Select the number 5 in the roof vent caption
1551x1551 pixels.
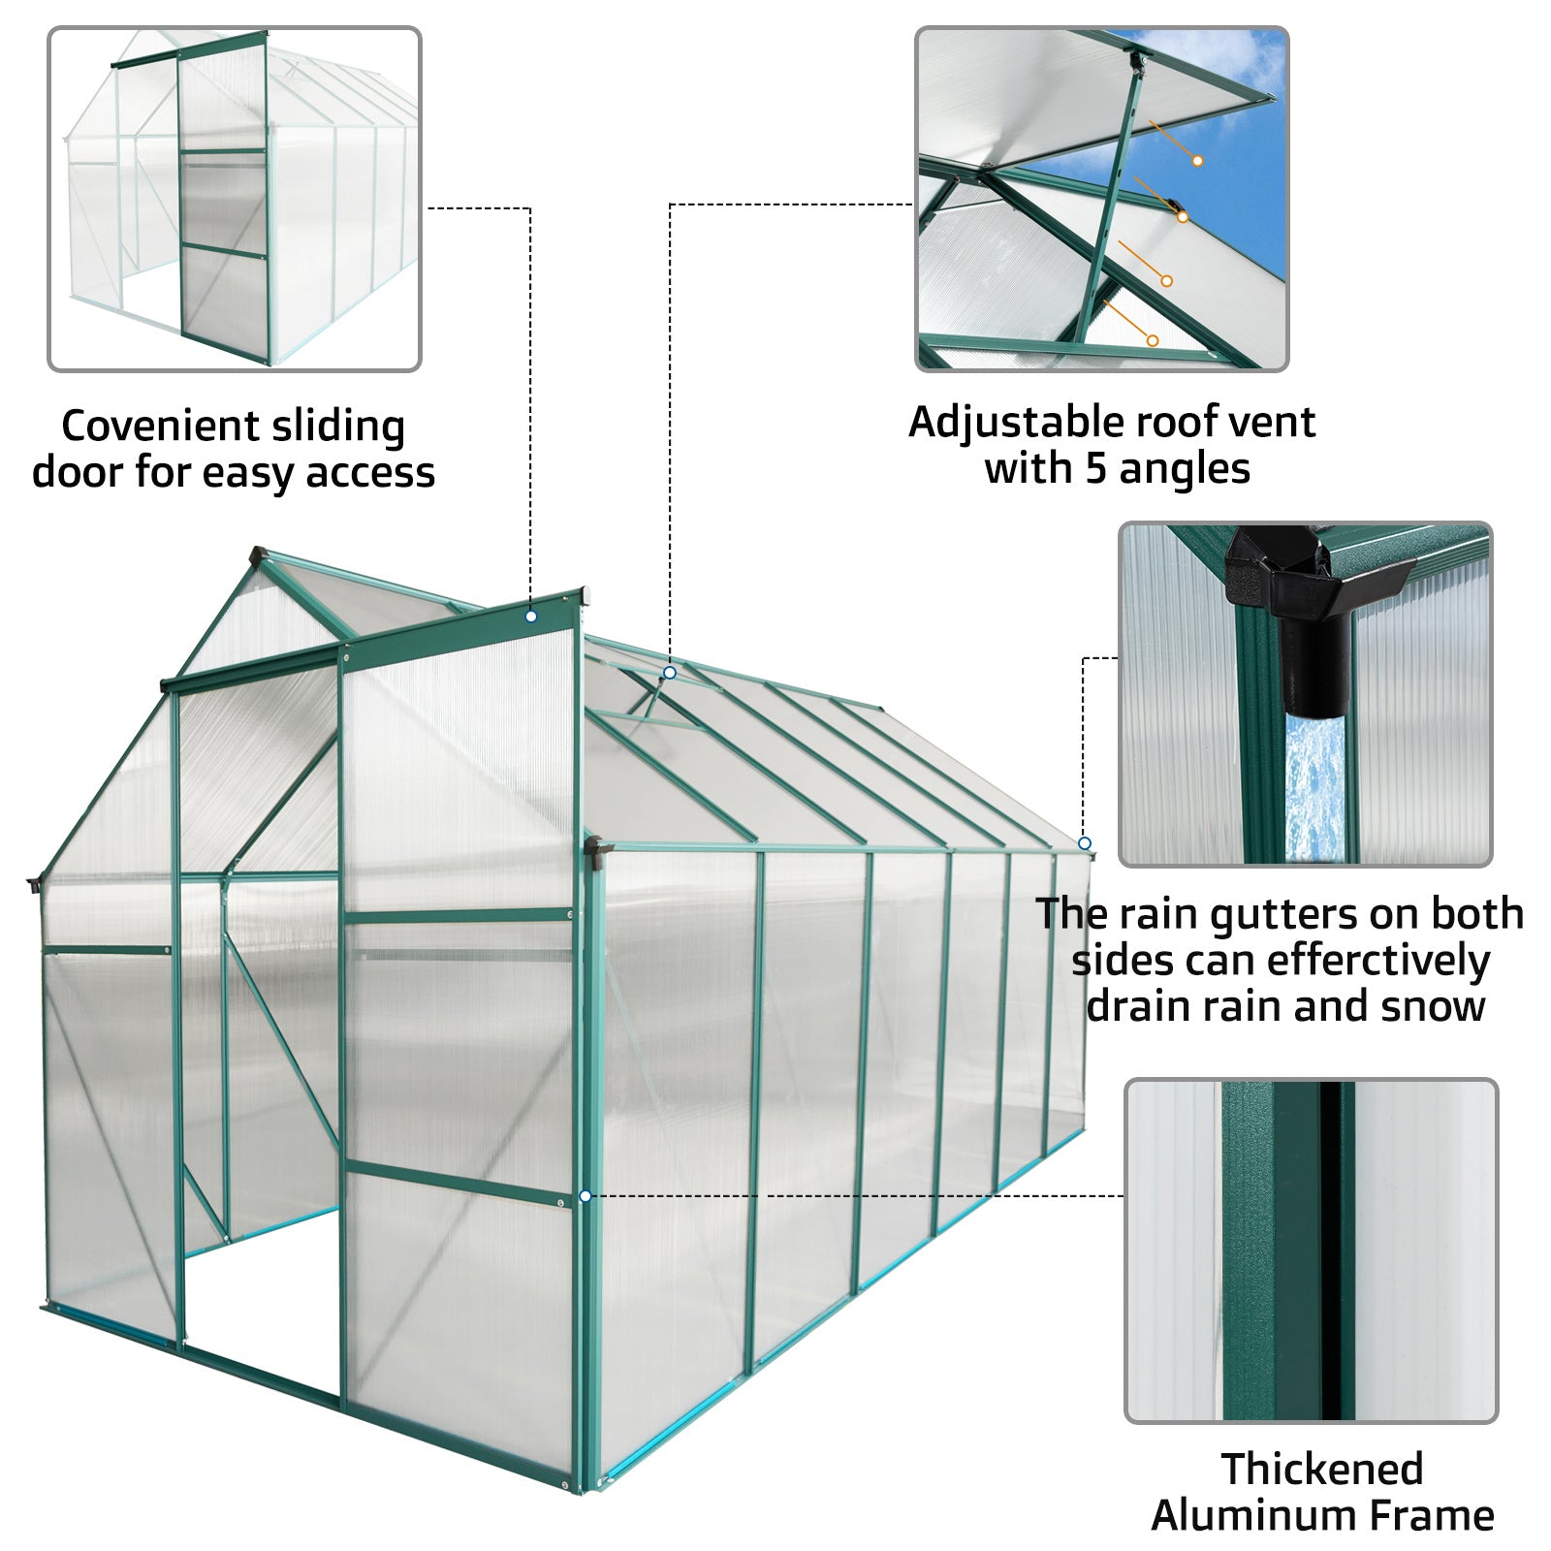[1094, 469]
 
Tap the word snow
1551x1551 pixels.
[1434, 1006]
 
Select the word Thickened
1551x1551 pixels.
[1322, 1470]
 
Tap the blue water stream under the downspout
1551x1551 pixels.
[1314, 785]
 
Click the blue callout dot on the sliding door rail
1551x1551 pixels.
[531, 617]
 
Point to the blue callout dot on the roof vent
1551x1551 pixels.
[670, 673]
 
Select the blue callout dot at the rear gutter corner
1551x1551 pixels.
[1085, 844]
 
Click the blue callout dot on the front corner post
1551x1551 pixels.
[585, 1197]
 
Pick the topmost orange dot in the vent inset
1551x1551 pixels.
[1198, 161]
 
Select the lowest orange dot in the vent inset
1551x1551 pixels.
[1153, 340]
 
